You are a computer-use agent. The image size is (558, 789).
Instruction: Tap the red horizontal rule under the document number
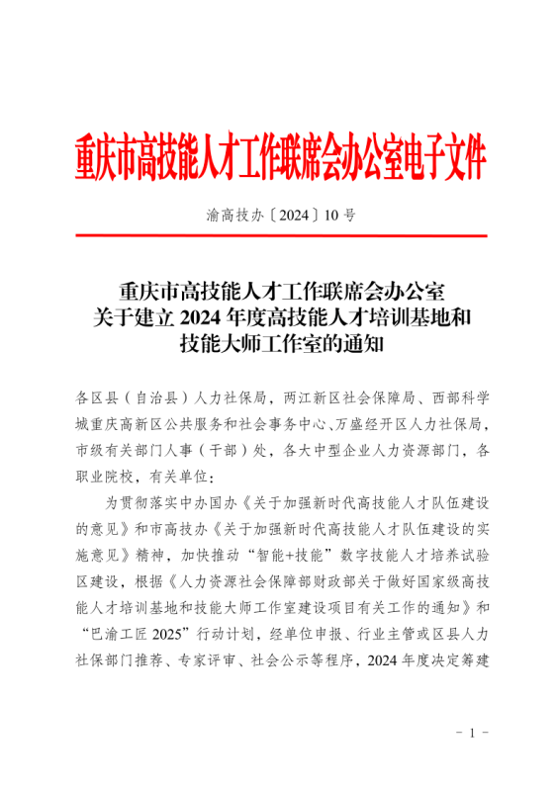[281, 236]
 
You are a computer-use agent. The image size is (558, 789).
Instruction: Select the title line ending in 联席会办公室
[281, 292]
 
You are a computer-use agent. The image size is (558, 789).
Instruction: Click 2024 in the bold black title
[210, 317]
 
